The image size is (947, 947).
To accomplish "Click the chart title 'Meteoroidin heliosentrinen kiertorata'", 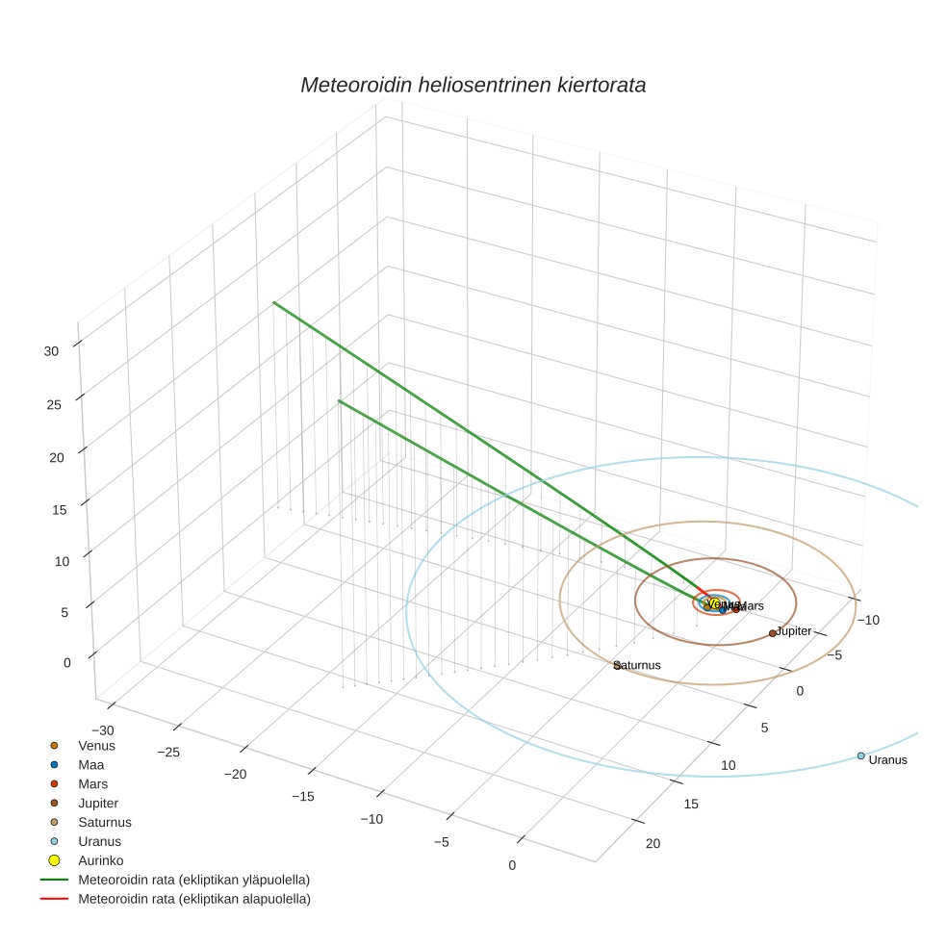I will [473, 85].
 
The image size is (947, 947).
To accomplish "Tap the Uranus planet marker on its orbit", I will [860, 755].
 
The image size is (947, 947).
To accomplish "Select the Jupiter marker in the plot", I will [772, 633].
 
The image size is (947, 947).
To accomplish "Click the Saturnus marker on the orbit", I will [617, 666].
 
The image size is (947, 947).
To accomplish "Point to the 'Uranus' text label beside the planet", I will [887, 760].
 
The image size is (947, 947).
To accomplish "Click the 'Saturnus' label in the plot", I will [638, 665].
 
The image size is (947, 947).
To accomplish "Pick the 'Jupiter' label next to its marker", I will [795, 631].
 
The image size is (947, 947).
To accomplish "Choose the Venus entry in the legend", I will [96, 745].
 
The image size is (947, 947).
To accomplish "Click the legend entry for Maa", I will [91, 764].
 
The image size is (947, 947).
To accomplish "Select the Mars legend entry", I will [93, 783].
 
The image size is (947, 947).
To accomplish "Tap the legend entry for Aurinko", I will [100, 860].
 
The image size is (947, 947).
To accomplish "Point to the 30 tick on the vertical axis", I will [52, 351].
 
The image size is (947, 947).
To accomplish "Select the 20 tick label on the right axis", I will [653, 844].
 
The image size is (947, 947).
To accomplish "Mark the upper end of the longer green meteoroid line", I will [274, 303].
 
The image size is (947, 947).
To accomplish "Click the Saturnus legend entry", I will [104, 822].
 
